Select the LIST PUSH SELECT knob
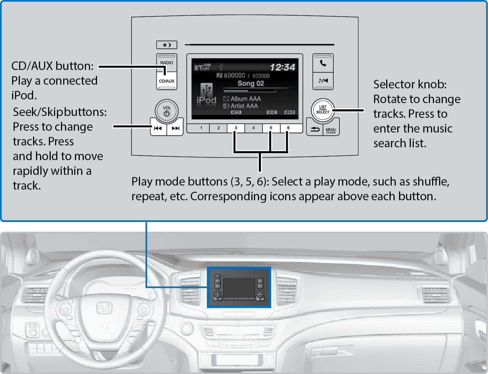point(323,110)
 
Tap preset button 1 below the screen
point(201,128)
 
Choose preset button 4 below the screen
point(254,128)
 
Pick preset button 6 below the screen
point(288,128)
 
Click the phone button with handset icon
point(323,63)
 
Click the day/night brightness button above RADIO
point(167,45)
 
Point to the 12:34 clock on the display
point(282,67)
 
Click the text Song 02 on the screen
point(251,84)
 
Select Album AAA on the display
point(245,99)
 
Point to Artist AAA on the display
point(244,106)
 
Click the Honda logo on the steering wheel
point(104,308)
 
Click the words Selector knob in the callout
point(410,84)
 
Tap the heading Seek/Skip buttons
point(60,112)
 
